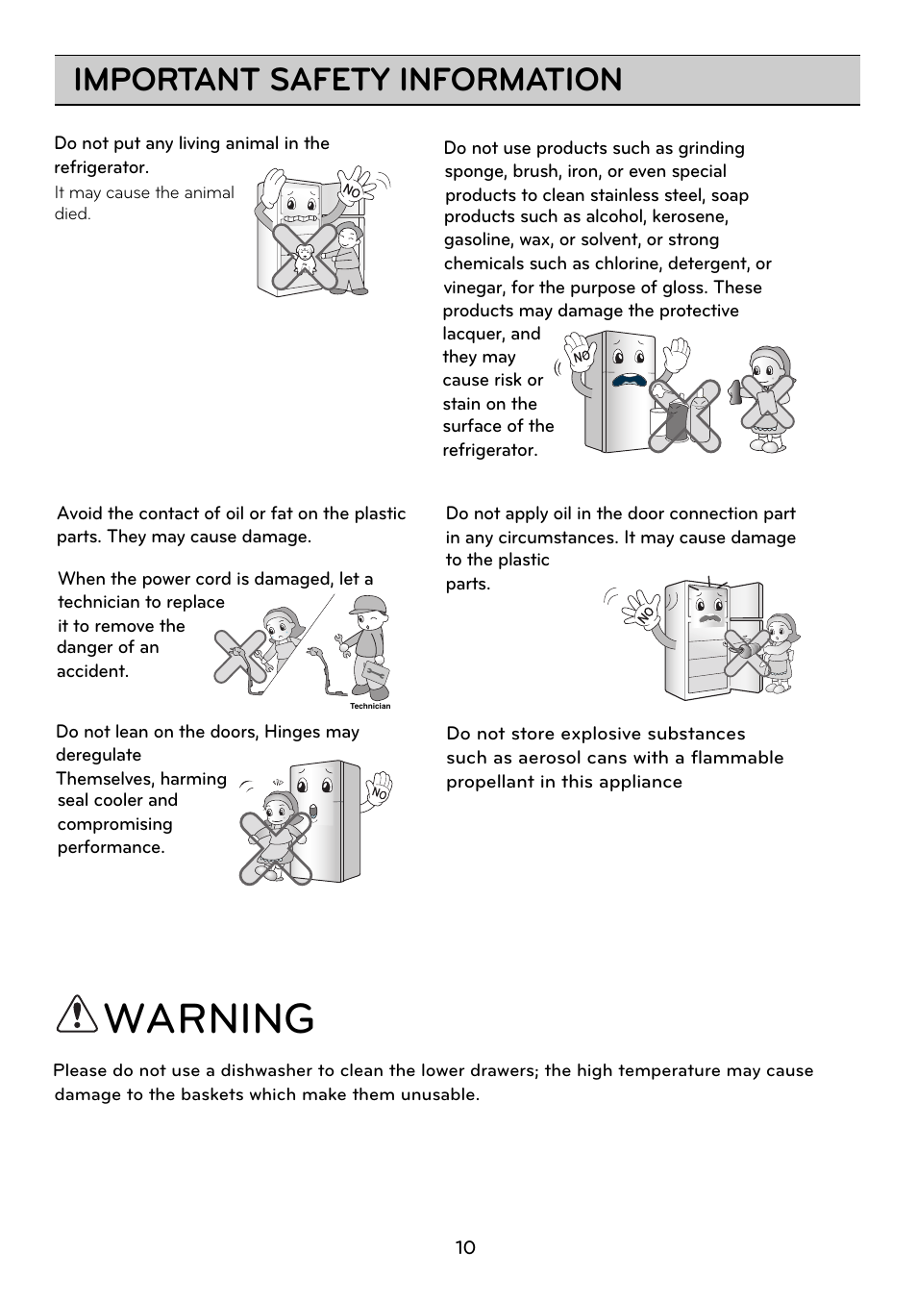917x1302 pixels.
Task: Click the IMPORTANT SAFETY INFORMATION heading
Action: click(348, 80)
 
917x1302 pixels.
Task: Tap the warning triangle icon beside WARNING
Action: click(77, 1016)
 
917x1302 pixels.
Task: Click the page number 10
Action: click(465, 1248)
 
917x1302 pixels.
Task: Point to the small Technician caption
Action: click(370, 706)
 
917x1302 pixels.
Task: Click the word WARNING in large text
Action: click(211, 1018)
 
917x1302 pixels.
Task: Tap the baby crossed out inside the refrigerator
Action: click(305, 257)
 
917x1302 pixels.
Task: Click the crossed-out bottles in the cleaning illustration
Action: click(683, 414)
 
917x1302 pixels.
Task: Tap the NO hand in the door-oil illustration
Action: click(641, 610)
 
